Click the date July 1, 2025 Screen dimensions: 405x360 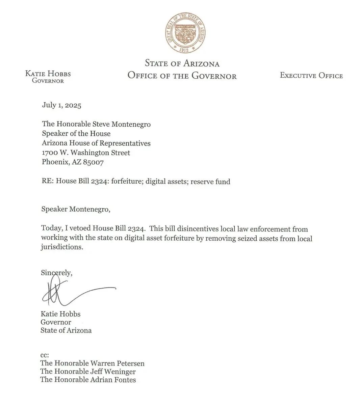(61, 105)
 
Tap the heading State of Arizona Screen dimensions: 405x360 (182, 63)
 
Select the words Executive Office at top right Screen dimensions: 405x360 (311, 76)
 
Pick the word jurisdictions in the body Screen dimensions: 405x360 (61, 247)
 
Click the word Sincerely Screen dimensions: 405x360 (56, 273)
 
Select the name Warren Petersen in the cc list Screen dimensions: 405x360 (117, 363)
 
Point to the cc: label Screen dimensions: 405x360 (45, 355)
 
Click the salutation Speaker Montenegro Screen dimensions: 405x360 (76, 209)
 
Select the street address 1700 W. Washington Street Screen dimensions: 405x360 (86, 153)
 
